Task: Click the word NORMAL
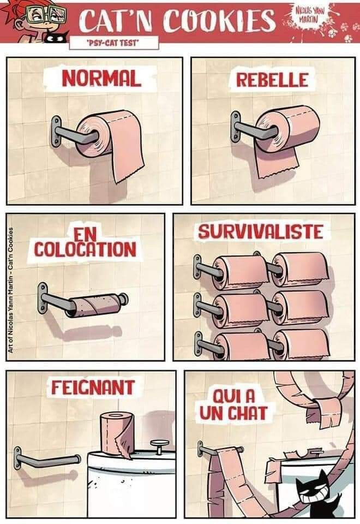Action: pyautogui.click(x=101, y=79)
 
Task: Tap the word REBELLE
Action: pyautogui.click(x=272, y=80)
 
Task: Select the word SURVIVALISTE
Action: pyautogui.click(x=261, y=231)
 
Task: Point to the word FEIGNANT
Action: pyautogui.click(x=93, y=388)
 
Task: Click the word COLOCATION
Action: pyautogui.click(x=85, y=249)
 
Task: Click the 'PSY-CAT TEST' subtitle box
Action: pyautogui.click(x=114, y=43)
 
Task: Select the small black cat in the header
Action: pyautogui.click(x=56, y=37)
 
